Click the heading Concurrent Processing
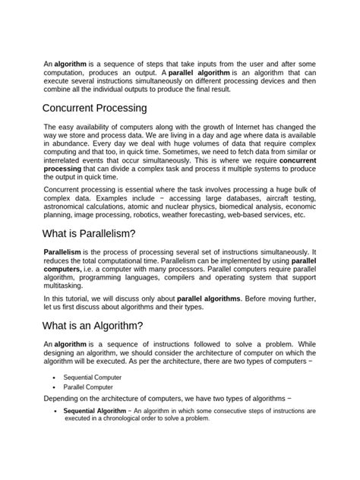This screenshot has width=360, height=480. click(x=95, y=108)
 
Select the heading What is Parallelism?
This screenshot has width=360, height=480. click(x=90, y=234)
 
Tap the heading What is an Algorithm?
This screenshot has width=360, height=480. click(x=93, y=326)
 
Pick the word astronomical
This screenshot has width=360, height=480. click(x=69, y=204)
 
